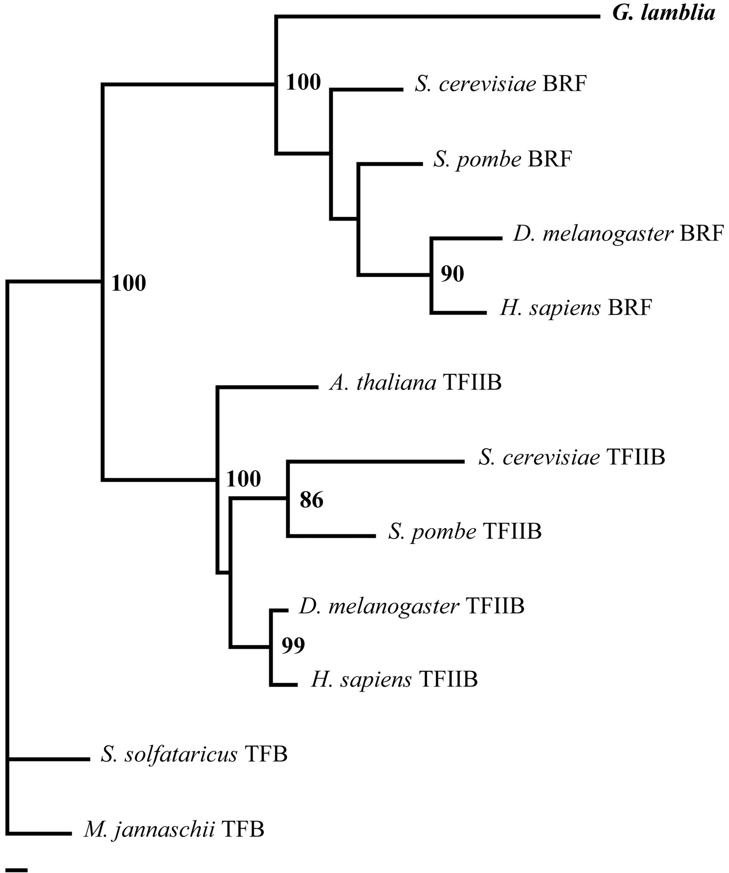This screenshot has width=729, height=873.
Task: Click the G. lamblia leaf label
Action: coord(664,14)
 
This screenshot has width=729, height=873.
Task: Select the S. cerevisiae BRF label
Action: coord(501,84)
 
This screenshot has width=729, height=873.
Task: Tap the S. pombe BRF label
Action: coord(503,159)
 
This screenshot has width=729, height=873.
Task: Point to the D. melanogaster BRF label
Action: coord(618,234)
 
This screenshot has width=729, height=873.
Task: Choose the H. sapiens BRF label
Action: coord(576,307)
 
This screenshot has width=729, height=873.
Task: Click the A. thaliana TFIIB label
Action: coord(415,383)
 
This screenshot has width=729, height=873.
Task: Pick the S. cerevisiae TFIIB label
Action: coord(572,457)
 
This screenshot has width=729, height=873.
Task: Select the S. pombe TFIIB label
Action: coord(465,532)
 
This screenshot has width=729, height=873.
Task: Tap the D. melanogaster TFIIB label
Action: coord(412,606)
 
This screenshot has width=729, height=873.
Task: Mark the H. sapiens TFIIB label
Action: coord(394,680)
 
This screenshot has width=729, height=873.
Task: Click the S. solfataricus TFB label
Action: coord(194,755)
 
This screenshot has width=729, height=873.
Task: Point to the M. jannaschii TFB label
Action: coord(174,829)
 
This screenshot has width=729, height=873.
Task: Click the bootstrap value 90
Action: coord(452,275)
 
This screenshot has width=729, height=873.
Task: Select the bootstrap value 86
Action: coord(311,500)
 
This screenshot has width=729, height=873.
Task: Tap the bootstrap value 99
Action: coord(293,646)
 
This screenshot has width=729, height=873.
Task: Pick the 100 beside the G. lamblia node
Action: coord(303,82)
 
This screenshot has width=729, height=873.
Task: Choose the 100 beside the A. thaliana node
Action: coord(244,479)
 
